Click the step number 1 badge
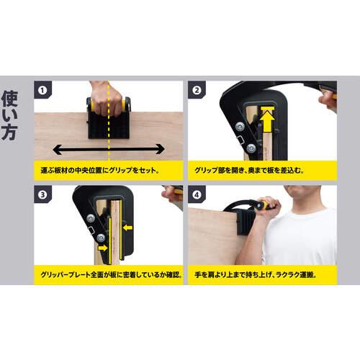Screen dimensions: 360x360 click(x=45, y=91)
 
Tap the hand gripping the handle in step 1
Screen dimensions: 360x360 click(x=109, y=97)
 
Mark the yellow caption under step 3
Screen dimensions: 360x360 click(x=109, y=274)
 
